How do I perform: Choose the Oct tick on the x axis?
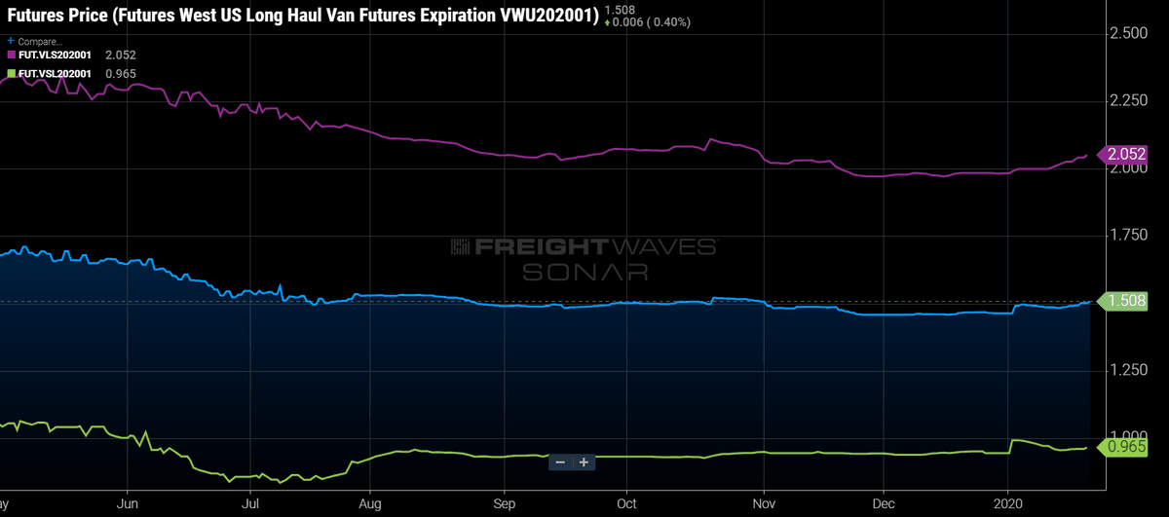[x=626, y=503]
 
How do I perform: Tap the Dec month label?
[x=882, y=503]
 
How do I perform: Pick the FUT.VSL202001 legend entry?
[x=55, y=73]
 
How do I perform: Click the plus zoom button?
[x=584, y=462]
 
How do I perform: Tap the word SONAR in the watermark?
[x=584, y=272]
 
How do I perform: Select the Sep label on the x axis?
[x=504, y=503]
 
